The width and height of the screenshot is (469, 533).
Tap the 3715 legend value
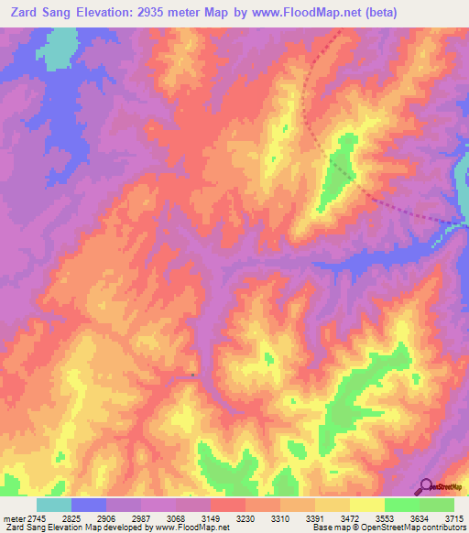click(x=454, y=517)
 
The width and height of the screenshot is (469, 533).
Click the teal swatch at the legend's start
click(x=54, y=505)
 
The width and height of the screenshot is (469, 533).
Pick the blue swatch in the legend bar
click(x=89, y=505)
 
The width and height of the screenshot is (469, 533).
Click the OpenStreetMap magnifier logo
click(x=427, y=486)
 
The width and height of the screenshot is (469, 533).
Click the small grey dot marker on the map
click(x=193, y=375)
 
